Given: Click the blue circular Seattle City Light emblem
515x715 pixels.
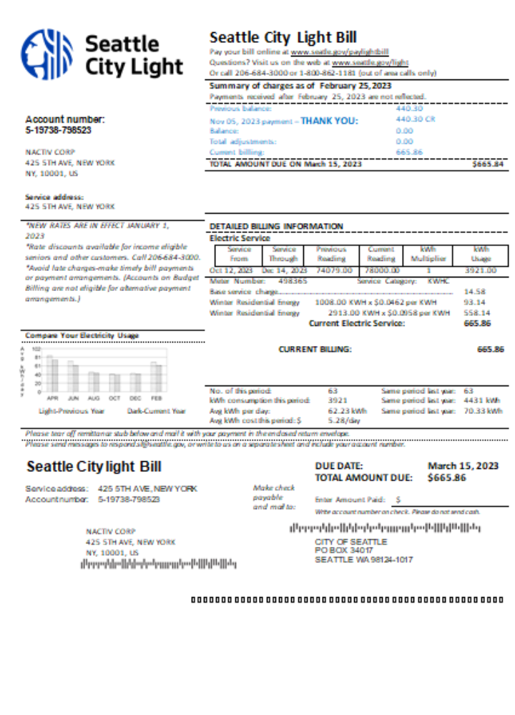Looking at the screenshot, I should [47, 54].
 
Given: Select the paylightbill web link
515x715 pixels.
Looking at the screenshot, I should [340, 52].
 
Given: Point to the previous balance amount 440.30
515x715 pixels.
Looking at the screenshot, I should [410, 109].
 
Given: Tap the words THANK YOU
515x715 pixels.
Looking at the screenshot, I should [329, 121].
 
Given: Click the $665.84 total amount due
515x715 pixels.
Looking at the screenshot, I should [489, 164].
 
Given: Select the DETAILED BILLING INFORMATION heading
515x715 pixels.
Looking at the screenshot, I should [276, 227].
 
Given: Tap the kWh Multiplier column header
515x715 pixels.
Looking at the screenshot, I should [431, 254].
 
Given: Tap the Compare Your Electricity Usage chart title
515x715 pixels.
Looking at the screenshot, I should [82, 335].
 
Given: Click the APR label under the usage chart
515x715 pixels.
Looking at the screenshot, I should [52, 397].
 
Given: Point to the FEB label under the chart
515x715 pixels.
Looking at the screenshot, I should [156, 397].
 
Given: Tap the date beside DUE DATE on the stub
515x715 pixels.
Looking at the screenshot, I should [463, 465].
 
